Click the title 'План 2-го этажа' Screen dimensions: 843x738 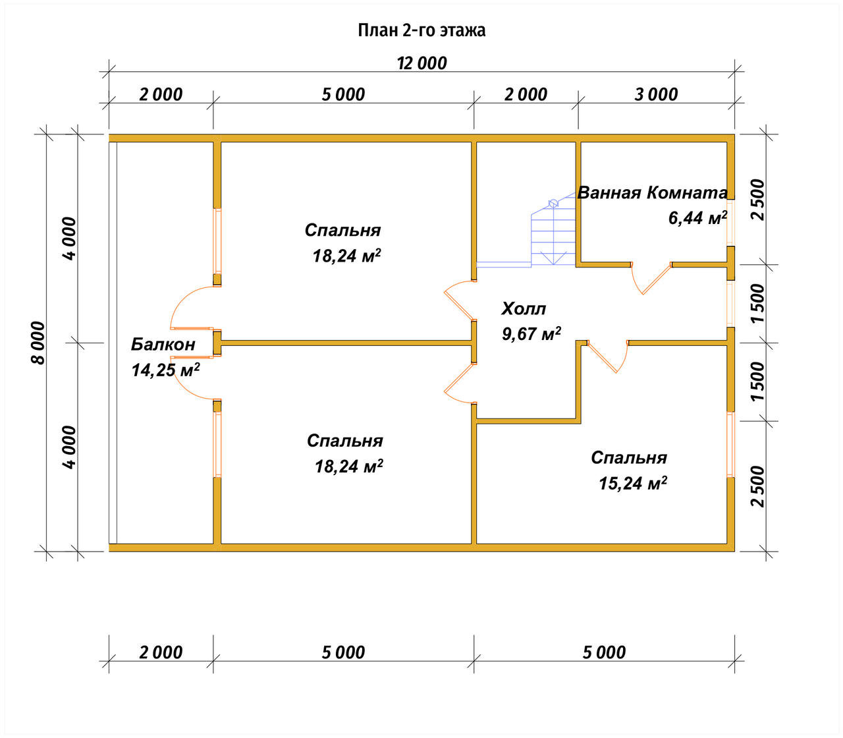(x=421, y=30)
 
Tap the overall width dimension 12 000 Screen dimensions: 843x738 (x=422, y=63)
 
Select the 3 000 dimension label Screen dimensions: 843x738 (x=656, y=94)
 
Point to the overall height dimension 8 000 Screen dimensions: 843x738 (x=38, y=343)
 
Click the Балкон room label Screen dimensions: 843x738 (x=163, y=344)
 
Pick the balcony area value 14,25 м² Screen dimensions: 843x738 (x=165, y=370)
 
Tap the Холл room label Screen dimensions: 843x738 (x=524, y=309)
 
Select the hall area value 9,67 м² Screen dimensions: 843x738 (x=531, y=333)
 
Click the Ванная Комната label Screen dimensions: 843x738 (x=652, y=192)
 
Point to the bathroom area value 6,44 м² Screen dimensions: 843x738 (x=697, y=217)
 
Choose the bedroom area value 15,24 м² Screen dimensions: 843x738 (x=633, y=482)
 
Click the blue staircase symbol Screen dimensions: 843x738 (x=553, y=234)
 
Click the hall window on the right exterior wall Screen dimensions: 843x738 (x=730, y=304)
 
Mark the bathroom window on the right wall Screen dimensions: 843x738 (x=730, y=223)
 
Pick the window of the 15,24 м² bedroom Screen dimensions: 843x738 (x=730, y=445)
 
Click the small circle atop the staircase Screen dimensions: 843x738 (x=553, y=203)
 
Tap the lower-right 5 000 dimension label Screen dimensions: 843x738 (x=604, y=652)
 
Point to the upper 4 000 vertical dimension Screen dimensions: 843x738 (x=70, y=239)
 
